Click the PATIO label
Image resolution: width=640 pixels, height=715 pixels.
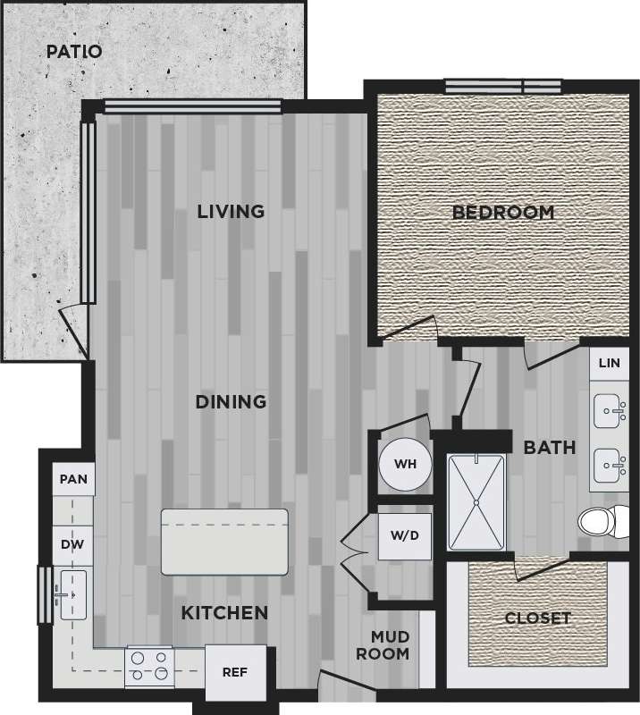(74, 52)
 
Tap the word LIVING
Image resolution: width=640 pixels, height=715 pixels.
(231, 212)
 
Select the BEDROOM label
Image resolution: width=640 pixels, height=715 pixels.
(502, 213)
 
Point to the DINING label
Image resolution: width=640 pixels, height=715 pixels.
(231, 402)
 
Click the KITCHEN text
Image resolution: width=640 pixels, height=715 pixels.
(224, 613)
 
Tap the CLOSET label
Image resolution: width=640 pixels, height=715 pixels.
(537, 618)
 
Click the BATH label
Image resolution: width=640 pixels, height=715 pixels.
(549, 448)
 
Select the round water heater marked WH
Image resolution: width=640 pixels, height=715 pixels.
(405, 465)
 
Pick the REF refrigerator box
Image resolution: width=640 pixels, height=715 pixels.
(236, 672)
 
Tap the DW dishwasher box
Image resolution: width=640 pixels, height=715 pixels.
(72, 545)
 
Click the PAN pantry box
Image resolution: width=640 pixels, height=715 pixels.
(73, 480)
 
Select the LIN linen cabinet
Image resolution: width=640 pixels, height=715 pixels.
(609, 363)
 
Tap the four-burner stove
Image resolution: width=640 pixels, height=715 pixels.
(149, 666)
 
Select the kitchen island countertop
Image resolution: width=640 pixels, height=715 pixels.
(224, 542)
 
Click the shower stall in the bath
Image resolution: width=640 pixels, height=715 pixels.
(476, 502)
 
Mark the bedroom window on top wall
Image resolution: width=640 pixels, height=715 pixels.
(502, 87)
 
